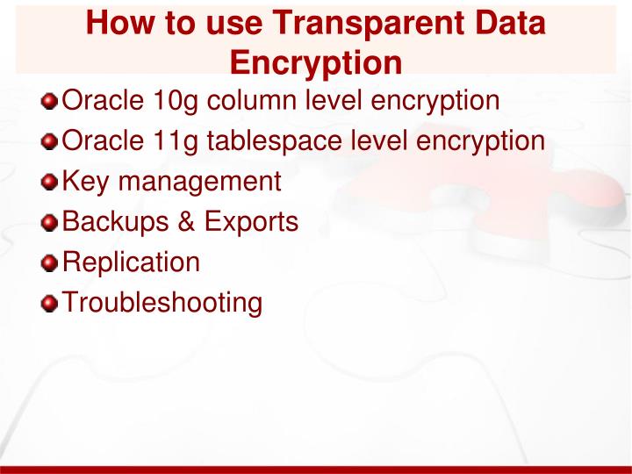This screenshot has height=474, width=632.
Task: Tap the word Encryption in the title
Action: coord(316,63)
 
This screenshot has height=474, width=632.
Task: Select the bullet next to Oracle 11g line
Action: coord(52,141)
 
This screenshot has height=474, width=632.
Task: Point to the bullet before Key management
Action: coord(52,182)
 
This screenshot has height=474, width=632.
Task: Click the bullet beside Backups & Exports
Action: coord(52,223)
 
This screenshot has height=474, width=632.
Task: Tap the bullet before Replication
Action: coord(52,263)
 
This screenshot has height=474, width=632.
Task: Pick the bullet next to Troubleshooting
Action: coord(52,304)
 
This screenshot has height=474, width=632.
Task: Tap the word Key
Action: coord(86,182)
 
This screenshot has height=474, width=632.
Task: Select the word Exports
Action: coord(251,223)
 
